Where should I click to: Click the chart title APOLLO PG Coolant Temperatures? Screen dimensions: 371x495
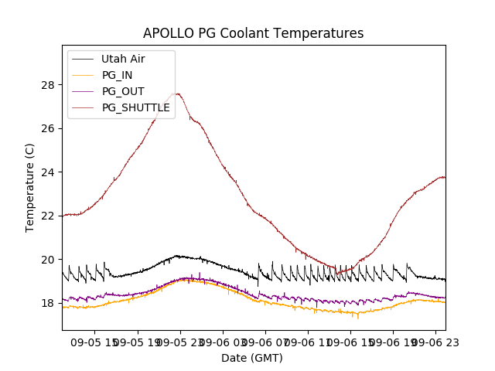tap(253, 34)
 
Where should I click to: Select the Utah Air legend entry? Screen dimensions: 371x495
tap(123, 59)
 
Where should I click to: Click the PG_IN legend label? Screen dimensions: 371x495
tap(118, 75)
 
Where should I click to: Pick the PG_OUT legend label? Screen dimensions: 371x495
tap(123, 91)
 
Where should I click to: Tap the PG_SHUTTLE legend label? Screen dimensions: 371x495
tap(136, 107)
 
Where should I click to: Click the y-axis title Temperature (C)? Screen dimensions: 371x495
tap(30, 187)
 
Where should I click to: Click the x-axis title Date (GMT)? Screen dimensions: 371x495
tap(252, 358)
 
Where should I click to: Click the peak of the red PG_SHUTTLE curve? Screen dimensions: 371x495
tap(177, 94)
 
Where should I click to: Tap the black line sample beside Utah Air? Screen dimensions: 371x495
tap(83, 59)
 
